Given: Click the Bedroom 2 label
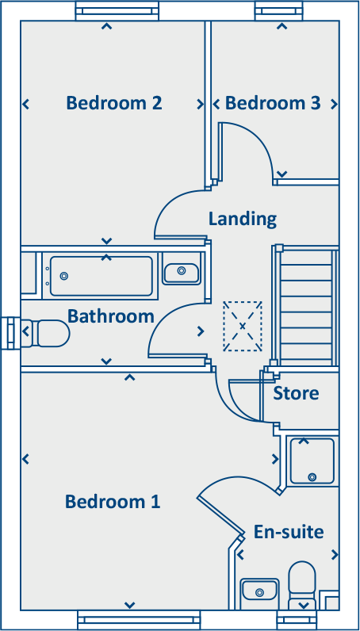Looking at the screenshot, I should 114,103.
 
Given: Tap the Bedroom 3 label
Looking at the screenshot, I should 273,103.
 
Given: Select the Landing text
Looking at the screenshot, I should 243,218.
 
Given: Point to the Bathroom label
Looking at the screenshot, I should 110,316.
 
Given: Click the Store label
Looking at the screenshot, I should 296,393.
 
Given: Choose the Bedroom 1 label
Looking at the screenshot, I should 113,501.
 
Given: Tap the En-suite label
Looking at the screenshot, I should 289,531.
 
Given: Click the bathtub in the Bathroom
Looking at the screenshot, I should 101,275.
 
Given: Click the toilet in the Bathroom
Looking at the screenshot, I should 47,333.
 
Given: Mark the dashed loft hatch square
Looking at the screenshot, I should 242,326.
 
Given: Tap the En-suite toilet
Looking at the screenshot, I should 303,583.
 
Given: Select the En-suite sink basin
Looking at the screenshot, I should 259,591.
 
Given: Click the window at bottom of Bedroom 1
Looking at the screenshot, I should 128,620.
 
